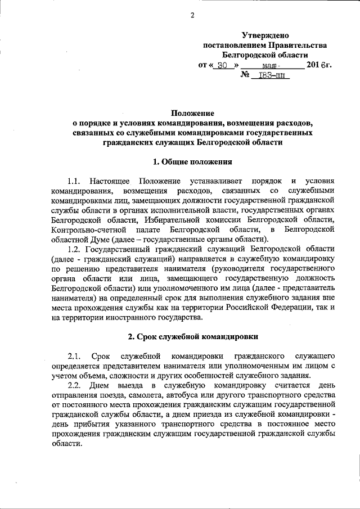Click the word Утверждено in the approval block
coord(264,35)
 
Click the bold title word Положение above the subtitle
coord(192,113)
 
